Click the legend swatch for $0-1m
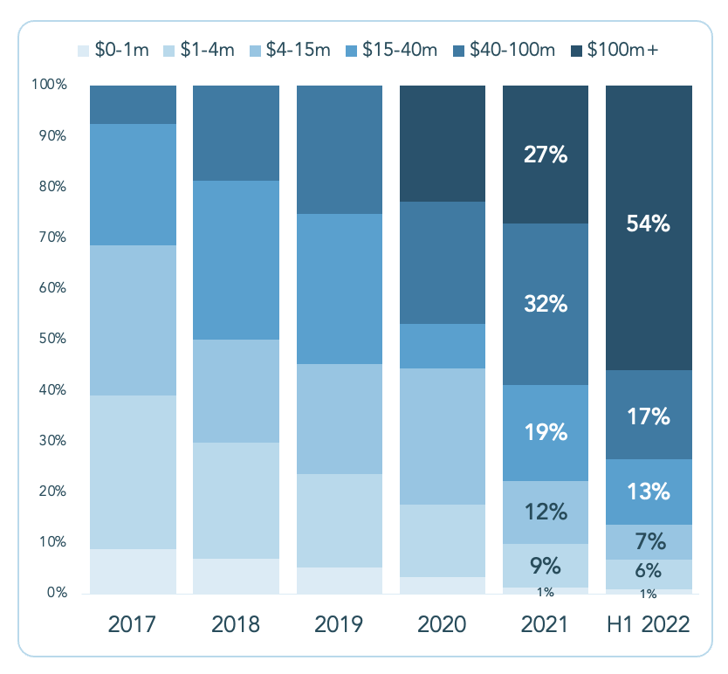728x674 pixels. [x=84, y=51]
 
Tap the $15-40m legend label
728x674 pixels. [x=402, y=51]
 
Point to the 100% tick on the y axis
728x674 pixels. [x=49, y=86]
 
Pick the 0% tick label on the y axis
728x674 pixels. [x=55, y=594]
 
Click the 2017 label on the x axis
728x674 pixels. [x=133, y=625]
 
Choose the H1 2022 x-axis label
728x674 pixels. [x=649, y=625]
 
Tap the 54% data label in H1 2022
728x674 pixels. [x=649, y=224]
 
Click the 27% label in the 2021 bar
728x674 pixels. [x=546, y=155]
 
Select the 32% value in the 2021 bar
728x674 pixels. [x=546, y=305]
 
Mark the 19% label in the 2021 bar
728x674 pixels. [x=546, y=432]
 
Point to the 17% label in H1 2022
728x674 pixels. [x=649, y=416]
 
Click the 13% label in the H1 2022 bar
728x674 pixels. [x=649, y=491]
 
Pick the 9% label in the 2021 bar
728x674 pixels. [x=546, y=567]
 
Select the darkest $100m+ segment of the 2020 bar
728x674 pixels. [x=443, y=143]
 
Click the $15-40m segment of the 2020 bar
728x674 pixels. [x=443, y=346]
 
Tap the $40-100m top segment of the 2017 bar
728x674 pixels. [x=133, y=105]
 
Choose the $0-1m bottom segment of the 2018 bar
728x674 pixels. [x=236, y=576]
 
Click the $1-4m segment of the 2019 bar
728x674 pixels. [x=340, y=520]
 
